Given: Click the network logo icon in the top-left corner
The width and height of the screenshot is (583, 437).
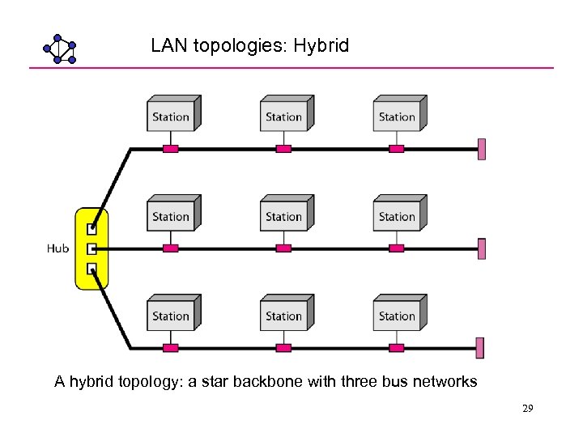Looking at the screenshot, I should click(x=59, y=49).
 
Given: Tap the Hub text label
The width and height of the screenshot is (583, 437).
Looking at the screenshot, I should click(x=57, y=248).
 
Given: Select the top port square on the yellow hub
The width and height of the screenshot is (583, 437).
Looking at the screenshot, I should click(x=92, y=229).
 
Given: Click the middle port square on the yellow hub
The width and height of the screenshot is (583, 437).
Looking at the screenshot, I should click(x=92, y=249).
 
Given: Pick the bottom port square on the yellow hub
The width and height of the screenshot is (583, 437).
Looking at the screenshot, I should click(x=92, y=269).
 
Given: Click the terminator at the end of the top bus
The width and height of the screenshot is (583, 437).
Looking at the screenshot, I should click(x=482, y=149).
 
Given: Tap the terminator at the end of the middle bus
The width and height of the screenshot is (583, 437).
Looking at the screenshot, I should click(x=482, y=248).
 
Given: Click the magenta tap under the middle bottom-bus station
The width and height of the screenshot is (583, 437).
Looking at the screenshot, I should click(x=283, y=348).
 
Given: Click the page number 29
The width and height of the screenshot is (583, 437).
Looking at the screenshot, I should click(x=527, y=409).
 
